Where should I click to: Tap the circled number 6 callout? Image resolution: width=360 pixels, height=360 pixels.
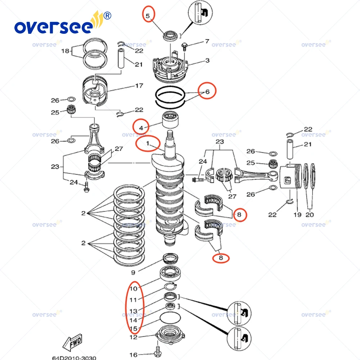tap(207, 91)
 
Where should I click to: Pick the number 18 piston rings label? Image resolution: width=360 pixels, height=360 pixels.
tap(65, 51)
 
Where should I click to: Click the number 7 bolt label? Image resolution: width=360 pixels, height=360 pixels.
tap(207, 41)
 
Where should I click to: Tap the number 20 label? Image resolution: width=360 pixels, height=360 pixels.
tap(310, 215)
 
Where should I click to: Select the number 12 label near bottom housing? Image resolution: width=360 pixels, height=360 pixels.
tap(133, 337)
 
